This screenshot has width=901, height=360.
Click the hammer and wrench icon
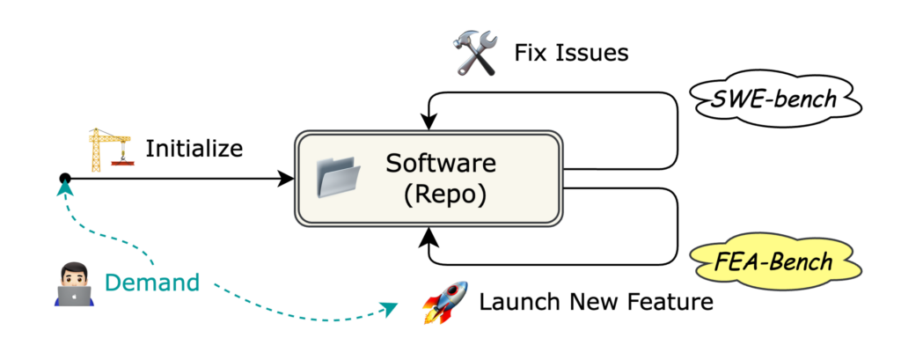pos(476,54)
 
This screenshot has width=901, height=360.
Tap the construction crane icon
pos(108,149)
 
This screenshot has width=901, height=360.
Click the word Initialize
pos(194,148)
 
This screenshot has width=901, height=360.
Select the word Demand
pos(151,283)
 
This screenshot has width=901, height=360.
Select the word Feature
pos(668,303)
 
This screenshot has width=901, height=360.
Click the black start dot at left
pos(64,180)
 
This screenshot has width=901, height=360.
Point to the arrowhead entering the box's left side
pos(286,180)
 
